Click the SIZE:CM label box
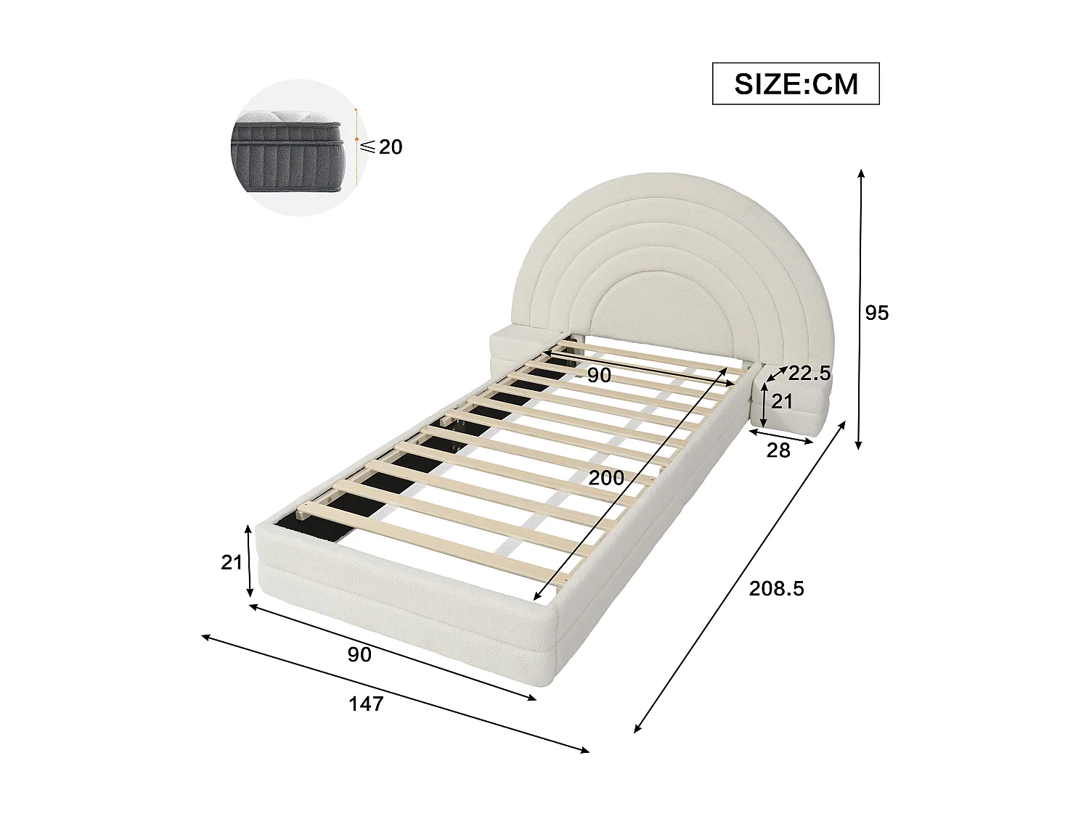point(796,84)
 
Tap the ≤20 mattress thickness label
point(383,147)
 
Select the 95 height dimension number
point(876,313)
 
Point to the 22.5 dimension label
point(809,374)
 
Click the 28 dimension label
point(778,450)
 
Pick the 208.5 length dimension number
point(776,588)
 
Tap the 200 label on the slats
point(605,477)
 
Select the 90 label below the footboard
point(359,654)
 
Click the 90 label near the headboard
point(599,375)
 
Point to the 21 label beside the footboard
point(231,561)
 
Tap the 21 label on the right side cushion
point(781,401)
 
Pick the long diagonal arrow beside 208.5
point(741,577)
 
